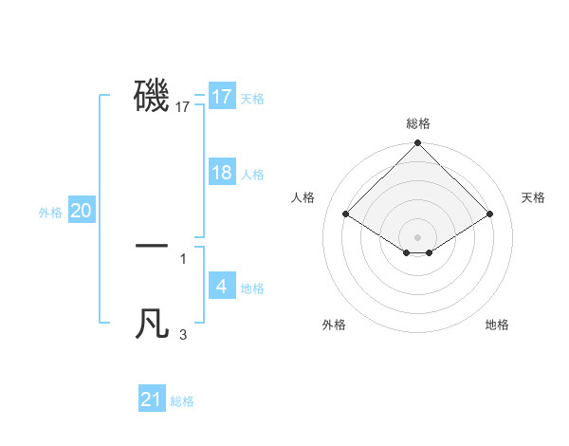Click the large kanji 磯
click(x=152, y=95)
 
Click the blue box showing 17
click(x=222, y=97)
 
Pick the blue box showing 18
click(x=222, y=173)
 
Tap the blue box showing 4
click(x=222, y=287)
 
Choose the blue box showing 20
click(x=82, y=211)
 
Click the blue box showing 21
click(x=152, y=400)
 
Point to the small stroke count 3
click(x=183, y=334)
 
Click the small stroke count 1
click(x=182, y=258)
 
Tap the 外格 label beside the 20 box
click(x=50, y=213)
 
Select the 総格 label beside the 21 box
click(x=182, y=401)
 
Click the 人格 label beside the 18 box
click(x=252, y=175)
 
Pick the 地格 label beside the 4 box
click(x=252, y=288)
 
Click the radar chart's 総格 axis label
click(x=418, y=123)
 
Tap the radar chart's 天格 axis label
click(x=534, y=197)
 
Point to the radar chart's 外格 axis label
click(x=334, y=325)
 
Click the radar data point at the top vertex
click(x=418, y=143)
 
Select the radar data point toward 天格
click(x=490, y=214)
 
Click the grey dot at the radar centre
click(x=418, y=237)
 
